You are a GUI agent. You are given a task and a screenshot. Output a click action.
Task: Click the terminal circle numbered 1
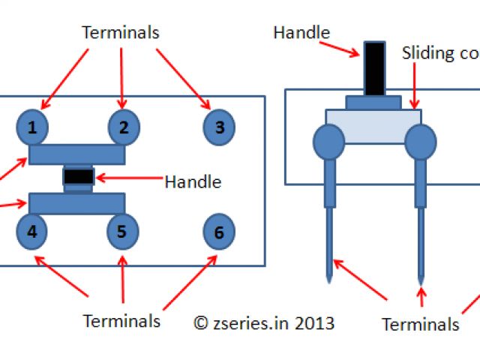32,127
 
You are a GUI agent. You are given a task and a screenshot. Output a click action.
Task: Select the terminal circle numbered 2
124,127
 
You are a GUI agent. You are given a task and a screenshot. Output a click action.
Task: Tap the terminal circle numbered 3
219,127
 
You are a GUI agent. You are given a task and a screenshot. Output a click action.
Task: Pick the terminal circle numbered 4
32,232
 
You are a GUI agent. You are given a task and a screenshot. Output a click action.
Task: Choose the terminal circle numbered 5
122,232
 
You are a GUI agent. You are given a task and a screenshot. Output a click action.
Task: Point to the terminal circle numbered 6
219,232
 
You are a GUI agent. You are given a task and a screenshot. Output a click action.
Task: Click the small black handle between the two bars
78,176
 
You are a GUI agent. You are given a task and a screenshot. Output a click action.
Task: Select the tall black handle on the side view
374,68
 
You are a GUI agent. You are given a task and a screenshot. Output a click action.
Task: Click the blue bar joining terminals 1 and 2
76,154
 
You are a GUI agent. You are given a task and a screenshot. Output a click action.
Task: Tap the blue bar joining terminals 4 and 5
76,202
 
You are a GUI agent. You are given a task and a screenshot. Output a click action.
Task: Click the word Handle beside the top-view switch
193,181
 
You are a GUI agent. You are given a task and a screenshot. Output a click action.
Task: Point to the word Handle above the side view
301,32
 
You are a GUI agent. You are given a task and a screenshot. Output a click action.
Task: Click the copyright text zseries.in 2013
264,323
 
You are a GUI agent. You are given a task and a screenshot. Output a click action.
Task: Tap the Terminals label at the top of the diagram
120,32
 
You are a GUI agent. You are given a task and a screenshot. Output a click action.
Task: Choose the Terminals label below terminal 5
121,321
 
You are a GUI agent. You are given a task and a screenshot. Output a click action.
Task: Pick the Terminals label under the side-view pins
420,324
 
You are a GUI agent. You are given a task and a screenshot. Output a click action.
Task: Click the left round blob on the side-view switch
328,140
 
